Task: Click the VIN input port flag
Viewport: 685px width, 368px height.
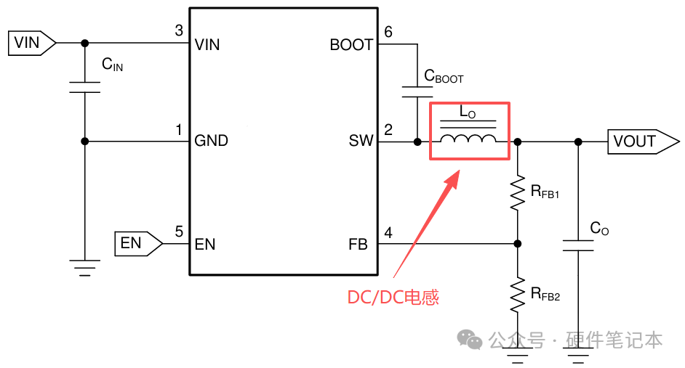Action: (x=32, y=43)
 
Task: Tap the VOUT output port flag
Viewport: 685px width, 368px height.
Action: (x=643, y=142)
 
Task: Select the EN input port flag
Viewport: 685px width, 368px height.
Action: (x=138, y=243)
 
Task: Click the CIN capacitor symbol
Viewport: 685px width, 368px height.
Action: (x=85, y=87)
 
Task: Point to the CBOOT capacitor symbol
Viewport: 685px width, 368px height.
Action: (x=417, y=91)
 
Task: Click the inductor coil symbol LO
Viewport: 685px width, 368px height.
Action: (x=468, y=139)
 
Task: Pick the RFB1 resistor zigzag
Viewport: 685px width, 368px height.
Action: (x=518, y=193)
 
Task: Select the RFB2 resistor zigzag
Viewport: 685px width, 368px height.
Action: (x=518, y=295)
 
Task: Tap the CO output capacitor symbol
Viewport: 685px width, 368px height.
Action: (x=578, y=245)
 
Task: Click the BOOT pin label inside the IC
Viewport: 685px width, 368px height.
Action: (x=351, y=44)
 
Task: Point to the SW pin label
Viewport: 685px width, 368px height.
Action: (x=361, y=140)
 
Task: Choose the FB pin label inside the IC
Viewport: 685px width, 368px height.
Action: (x=358, y=244)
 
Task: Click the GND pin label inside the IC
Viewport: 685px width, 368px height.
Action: (x=211, y=140)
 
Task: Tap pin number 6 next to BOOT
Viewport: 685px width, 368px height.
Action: (x=388, y=31)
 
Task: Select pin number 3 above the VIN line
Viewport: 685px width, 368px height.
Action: (x=179, y=30)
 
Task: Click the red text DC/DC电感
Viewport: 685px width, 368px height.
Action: (x=393, y=298)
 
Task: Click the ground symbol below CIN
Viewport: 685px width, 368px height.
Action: (x=85, y=268)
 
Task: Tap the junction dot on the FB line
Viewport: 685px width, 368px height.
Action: (x=518, y=244)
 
